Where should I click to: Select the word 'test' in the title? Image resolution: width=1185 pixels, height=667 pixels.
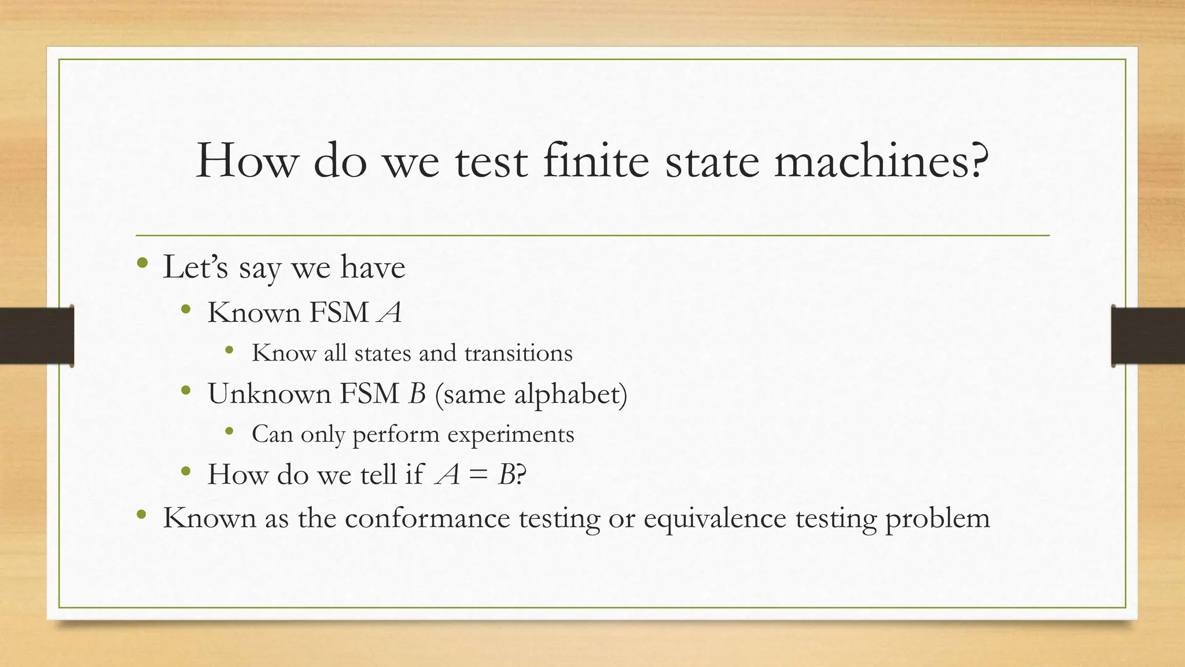[x=491, y=162]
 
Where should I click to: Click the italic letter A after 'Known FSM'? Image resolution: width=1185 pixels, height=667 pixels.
[x=389, y=313]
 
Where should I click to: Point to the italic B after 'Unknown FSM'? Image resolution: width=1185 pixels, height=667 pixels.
[x=417, y=394]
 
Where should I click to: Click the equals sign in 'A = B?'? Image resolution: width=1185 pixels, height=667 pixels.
[x=478, y=475]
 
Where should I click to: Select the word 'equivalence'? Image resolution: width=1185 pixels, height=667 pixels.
[x=715, y=517]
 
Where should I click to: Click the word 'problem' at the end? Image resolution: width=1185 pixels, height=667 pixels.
[x=937, y=518]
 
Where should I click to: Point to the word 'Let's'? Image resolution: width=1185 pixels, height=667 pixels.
[x=196, y=267]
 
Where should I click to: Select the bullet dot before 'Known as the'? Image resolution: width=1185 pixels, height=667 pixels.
[x=142, y=514]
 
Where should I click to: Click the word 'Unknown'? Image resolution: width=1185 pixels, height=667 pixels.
[x=268, y=394]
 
